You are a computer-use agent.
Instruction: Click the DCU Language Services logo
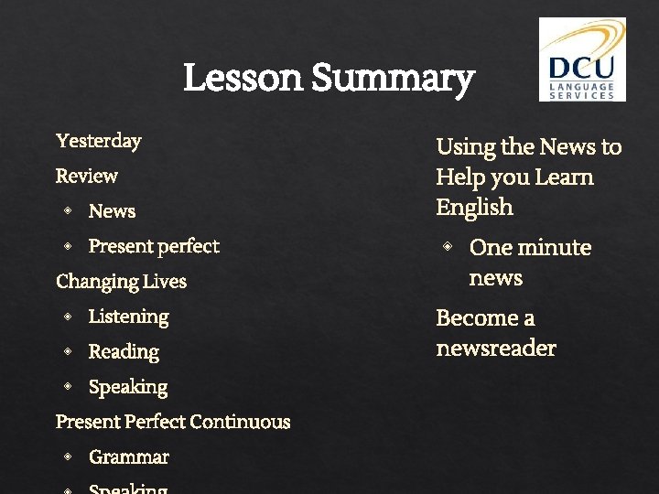pyautogui.click(x=582, y=59)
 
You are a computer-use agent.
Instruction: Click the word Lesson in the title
pyautogui.click(x=243, y=79)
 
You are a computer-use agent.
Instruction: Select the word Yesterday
pyautogui.click(x=99, y=141)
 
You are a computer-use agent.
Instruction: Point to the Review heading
pyautogui.click(x=87, y=176)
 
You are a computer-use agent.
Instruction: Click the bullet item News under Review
pyautogui.click(x=112, y=211)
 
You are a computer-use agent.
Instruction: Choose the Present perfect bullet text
pyautogui.click(x=154, y=246)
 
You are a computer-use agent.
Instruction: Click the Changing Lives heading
pyautogui.click(x=121, y=282)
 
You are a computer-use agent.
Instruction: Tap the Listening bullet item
pyautogui.click(x=128, y=317)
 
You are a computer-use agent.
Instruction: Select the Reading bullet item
pyautogui.click(x=124, y=352)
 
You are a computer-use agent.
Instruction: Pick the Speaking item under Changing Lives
pyautogui.click(x=128, y=387)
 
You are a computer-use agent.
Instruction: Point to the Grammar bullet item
pyautogui.click(x=129, y=456)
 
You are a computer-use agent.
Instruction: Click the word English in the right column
pyautogui.click(x=475, y=208)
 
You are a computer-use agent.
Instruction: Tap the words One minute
pyautogui.click(x=530, y=248)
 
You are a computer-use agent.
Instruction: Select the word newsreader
pyautogui.click(x=496, y=349)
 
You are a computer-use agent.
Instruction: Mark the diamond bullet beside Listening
pyautogui.click(x=68, y=317)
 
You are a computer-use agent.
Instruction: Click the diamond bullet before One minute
pyautogui.click(x=448, y=247)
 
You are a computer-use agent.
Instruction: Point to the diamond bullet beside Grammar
pyautogui.click(x=68, y=456)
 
